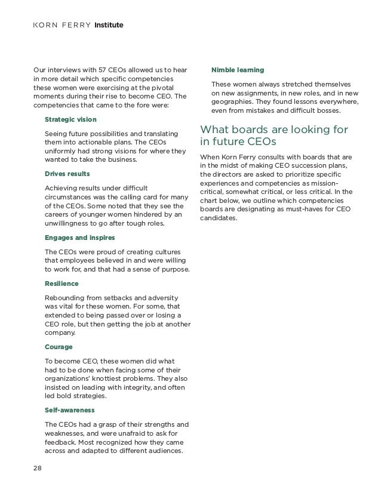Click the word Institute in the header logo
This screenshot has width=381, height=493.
tap(109, 26)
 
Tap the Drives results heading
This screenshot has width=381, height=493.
tap(67, 173)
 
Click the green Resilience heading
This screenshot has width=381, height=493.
tap(62, 283)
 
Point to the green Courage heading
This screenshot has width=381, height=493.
tap(59, 346)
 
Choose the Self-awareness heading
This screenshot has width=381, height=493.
tap(70, 410)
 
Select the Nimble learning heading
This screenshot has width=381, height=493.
tap(238, 70)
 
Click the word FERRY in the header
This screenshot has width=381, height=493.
tap(78, 26)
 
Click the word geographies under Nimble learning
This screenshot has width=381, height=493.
tap(235, 101)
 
